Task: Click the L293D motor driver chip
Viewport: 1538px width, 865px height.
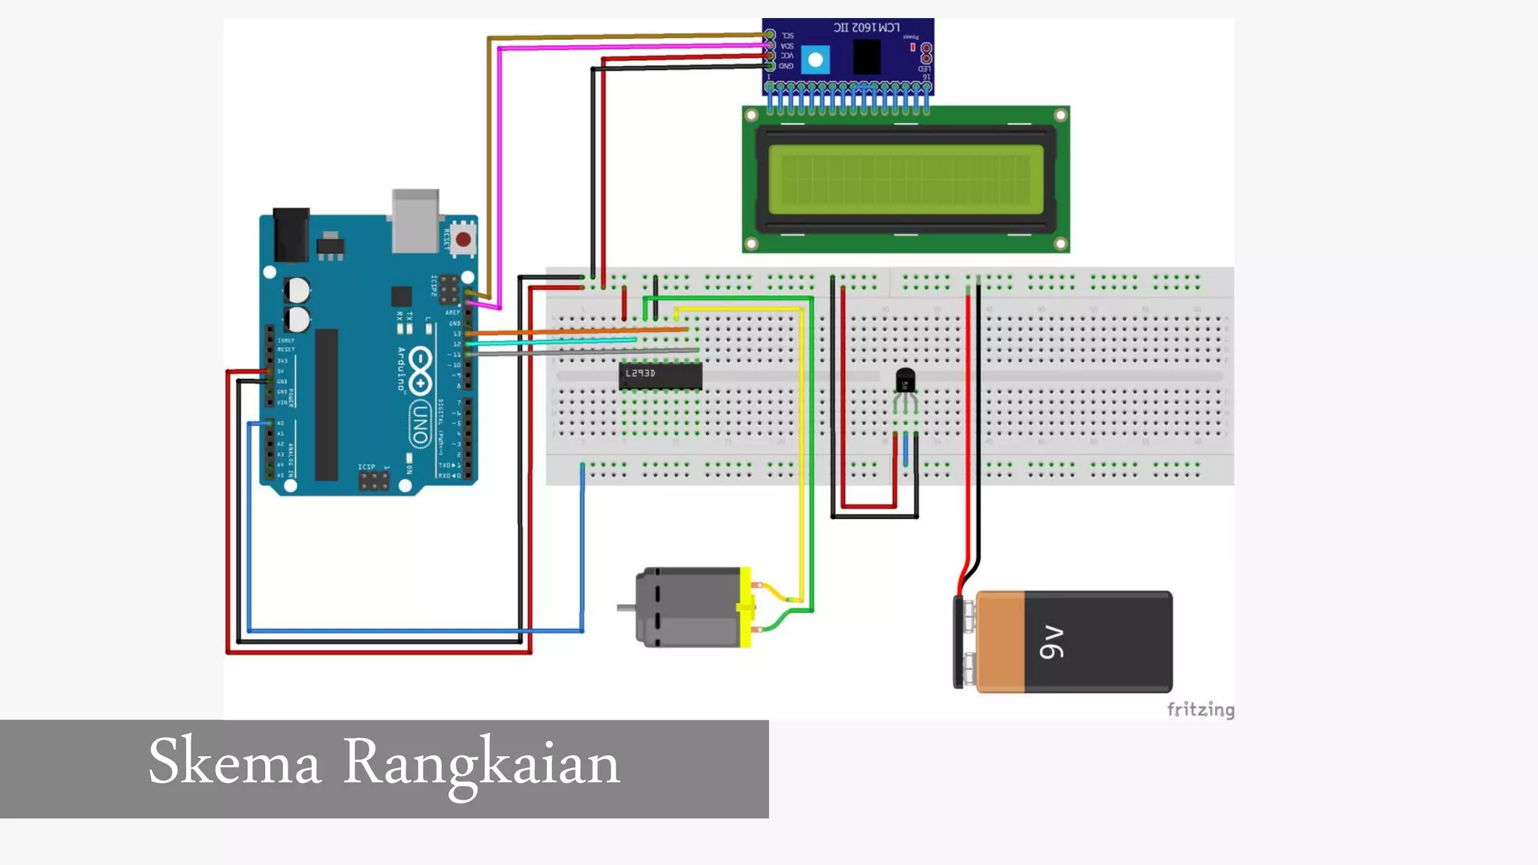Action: pos(660,375)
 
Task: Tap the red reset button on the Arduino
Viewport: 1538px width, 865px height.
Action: pos(463,240)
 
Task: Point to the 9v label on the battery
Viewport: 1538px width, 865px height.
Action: pos(1051,642)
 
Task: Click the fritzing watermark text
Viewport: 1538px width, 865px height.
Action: pos(1200,710)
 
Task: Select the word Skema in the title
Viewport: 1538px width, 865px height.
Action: pos(234,762)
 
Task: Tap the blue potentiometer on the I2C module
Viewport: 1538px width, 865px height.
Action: pos(815,59)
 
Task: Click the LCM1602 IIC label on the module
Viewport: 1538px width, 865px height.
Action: pos(866,27)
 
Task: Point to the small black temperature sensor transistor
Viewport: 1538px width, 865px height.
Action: pos(906,380)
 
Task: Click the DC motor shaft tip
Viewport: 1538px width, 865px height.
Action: pos(621,607)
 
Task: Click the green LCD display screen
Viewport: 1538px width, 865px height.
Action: pos(905,179)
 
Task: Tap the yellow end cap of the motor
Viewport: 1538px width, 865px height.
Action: pos(745,607)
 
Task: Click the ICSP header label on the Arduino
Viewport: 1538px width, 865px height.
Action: pos(366,467)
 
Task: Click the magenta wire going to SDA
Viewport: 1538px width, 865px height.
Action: pos(631,47)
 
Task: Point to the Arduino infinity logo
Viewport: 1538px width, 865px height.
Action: pos(420,369)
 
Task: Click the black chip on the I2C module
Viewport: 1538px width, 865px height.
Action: pos(867,56)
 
